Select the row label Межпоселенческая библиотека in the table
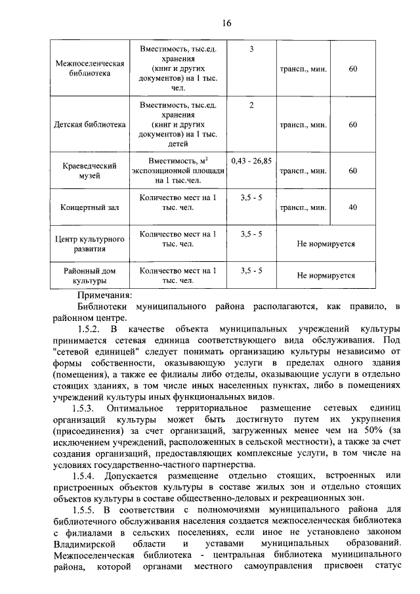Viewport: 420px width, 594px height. pos(89,69)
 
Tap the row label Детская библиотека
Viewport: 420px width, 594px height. pos(89,125)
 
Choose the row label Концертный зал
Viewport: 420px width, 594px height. pos(89,208)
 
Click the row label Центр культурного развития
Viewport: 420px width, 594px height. pos(89,244)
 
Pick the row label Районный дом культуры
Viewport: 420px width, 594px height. pos(89,276)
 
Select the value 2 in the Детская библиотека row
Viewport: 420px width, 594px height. pos(251,105)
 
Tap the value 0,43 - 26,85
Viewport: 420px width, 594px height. pos(251,159)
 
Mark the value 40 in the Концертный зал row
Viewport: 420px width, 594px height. pos(353,207)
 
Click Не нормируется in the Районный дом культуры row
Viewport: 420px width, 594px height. pos(326,276)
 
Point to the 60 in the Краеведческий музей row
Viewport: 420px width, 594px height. pos(353,171)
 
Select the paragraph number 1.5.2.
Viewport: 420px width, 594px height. pos(89,328)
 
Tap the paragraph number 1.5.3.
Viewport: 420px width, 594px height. pos(89,410)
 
